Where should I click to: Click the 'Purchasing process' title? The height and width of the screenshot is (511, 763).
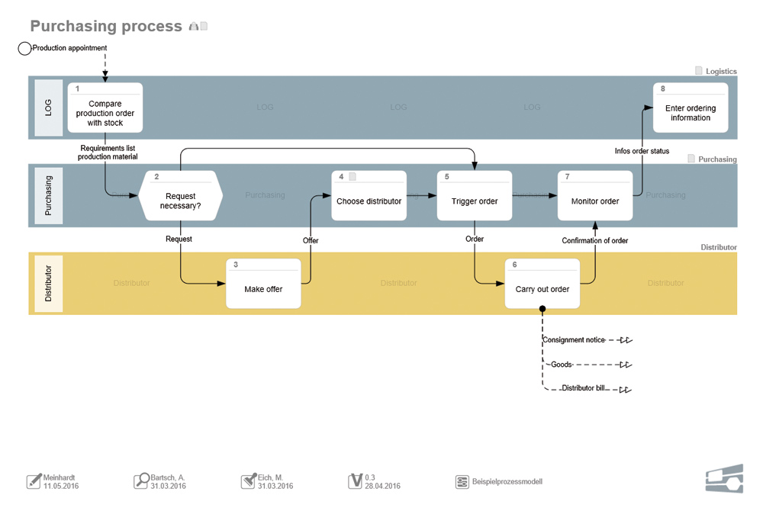click(x=106, y=27)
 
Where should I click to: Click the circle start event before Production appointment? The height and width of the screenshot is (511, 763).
click(x=24, y=49)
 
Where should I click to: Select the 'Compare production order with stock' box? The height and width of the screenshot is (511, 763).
click(x=105, y=108)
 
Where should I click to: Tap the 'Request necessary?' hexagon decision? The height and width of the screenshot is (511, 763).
click(x=181, y=196)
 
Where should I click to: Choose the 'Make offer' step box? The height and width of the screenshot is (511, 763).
click(x=263, y=284)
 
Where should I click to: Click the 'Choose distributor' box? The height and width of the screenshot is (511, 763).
click(x=369, y=196)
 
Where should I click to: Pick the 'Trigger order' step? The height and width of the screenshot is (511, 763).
click(x=474, y=196)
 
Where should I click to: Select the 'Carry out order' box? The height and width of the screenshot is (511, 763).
click(x=542, y=284)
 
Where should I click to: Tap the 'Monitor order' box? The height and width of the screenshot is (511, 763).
click(x=595, y=196)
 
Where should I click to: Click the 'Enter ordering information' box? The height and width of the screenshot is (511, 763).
click(x=691, y=108)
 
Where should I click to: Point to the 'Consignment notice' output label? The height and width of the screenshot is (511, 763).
click(x=573, y=339)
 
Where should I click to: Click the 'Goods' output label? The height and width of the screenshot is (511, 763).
click(x=561, y=365)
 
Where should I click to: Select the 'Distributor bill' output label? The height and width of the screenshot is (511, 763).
click(x=583, y=388)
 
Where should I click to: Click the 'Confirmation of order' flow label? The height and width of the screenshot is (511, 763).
click(x=595, y=241)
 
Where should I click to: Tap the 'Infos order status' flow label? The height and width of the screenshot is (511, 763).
click(x=642, y=151)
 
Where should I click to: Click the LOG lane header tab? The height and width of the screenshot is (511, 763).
click(x=49, y=108)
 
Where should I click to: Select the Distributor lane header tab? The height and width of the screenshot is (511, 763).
click(x=49, y=284)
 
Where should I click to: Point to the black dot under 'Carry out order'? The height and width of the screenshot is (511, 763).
click(x=542, y=309)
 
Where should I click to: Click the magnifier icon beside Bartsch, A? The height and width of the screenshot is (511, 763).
click(x=142, y=480)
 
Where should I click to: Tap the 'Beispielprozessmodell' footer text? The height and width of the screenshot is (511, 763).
click(x=507, y=482)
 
